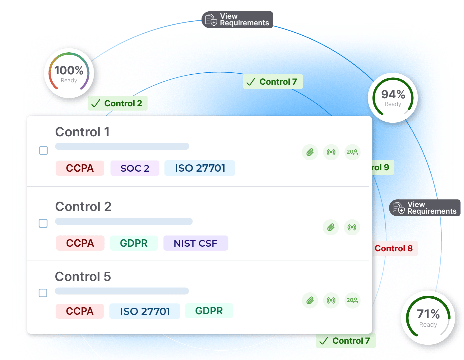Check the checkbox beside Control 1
pyautogui.click(x=43, y=151)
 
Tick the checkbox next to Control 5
pyautogui.click(x=43, y=293)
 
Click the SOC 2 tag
pyautogui.click(x=135, y=168)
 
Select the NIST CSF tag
pyautogui.click(x=196, y=243)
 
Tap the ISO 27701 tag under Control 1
pyautogui.click(x=200, y=168)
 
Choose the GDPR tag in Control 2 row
pyautogui.click(x=134, y=243)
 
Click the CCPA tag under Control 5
pyautogui.click(x=80, y=311)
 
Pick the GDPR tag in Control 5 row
pyautogui.click(x=209, y=311)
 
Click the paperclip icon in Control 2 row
pyautogui.click(x=331, y=227)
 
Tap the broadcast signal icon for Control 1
pyautogui.click(x=331, y=152)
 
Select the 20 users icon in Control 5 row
pyautogui.click(x=352, y=300)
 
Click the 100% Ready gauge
pyautogui.click(x=69, y=73)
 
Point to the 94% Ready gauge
pyautogui.click(x=393, y=98)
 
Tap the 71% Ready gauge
pyautogui.click(x=428, y=317)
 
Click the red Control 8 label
pyautogui.click(x=394, y=249)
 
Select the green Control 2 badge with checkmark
pyautogui.click(x=118, y=103)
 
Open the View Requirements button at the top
pyautogui.click(x=237, y=20)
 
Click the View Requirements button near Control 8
pyautogui.click(x=425, y=208)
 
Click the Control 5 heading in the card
pyautogui.click(x=83, y=277)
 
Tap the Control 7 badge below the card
pyautogui.click(x=345, y=341)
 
